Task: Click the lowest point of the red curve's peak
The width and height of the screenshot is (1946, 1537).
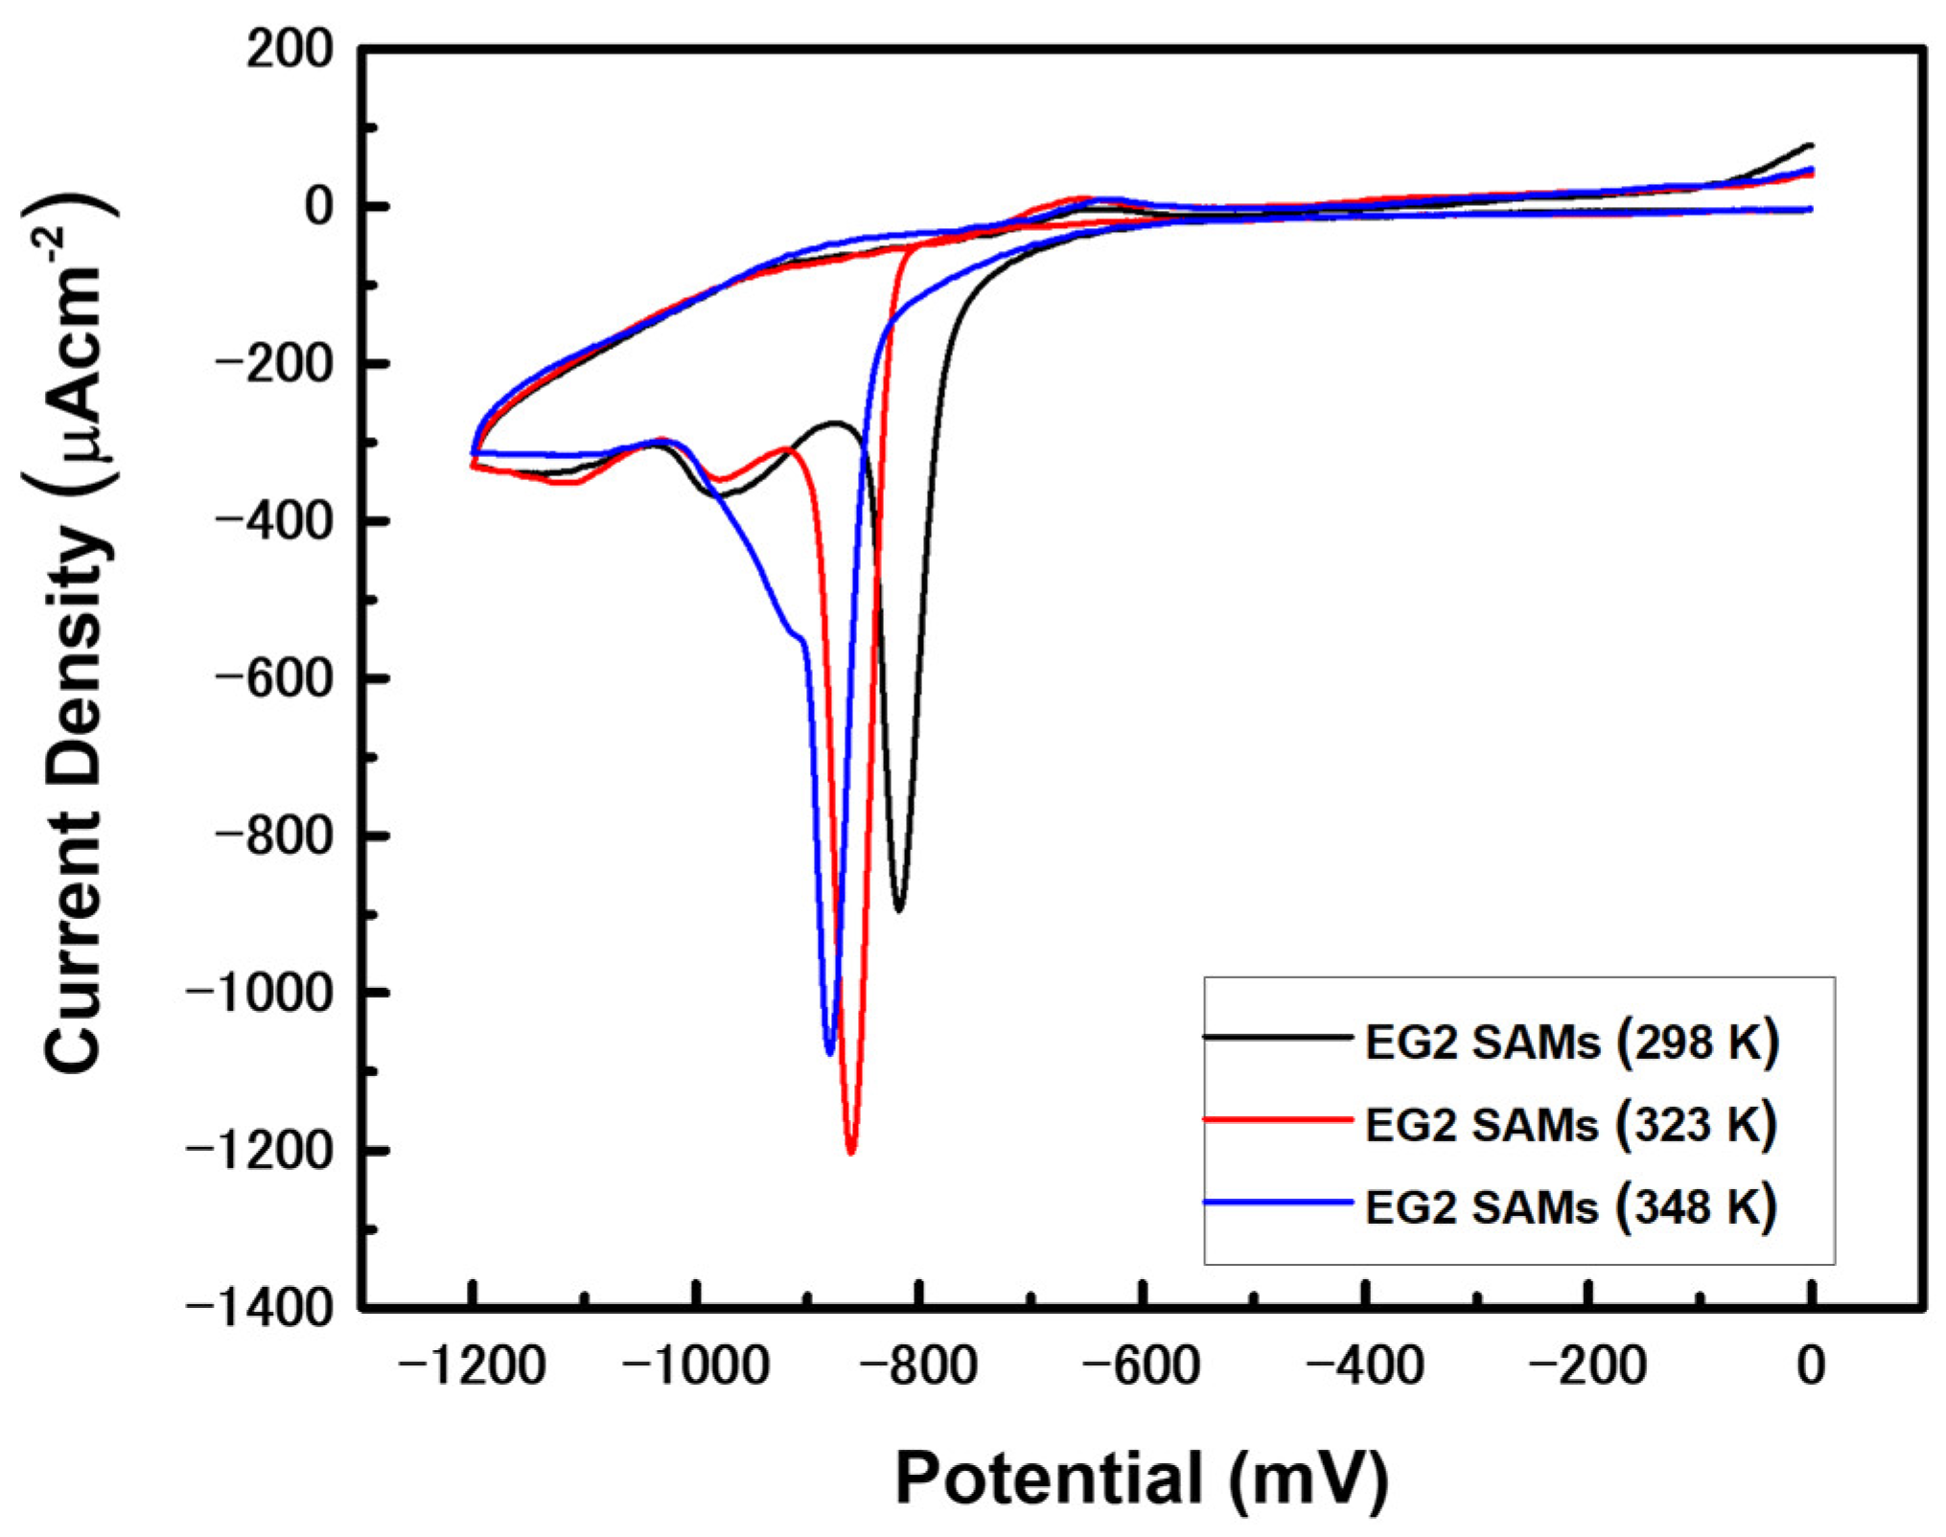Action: click(x=850, y=1152)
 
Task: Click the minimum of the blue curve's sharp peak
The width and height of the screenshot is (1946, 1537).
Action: click(x=830, y=1053)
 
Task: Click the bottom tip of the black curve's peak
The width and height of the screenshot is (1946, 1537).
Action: click(x=898, y=909)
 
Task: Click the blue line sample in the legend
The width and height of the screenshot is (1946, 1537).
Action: click(x=1277, y=1202)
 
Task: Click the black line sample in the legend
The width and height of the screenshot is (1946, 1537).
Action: click(x=1277, y=1037)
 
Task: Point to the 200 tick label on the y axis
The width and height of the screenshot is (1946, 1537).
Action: click(x=289, y=50)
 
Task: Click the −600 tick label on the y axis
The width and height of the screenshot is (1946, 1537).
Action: click(x=273, y=679)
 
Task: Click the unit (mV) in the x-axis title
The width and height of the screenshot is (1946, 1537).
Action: click(x=1309, y=1479)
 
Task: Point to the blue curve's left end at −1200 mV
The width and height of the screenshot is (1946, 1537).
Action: click(x=474, y=452)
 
